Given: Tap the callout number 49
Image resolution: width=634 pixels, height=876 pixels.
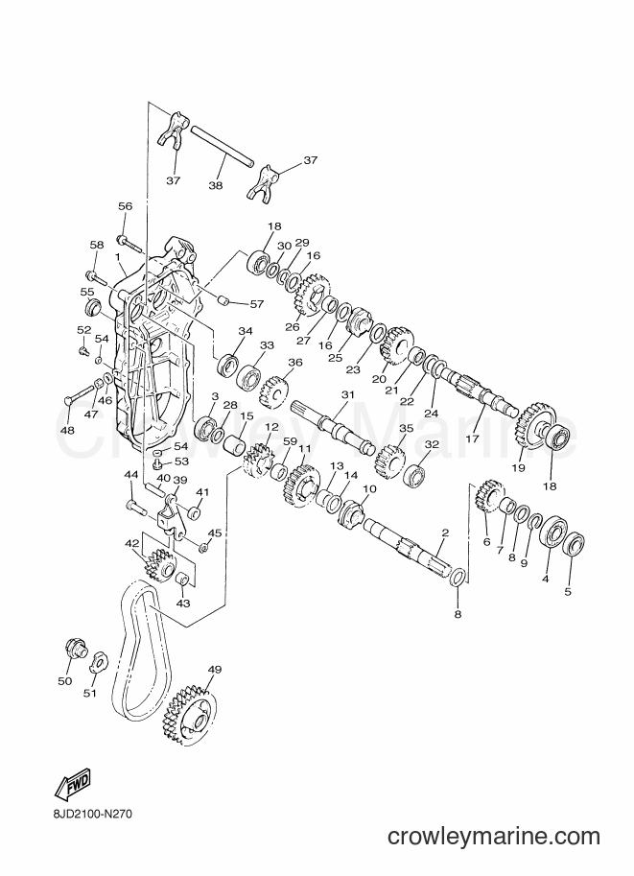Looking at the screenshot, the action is [x=215, y=669].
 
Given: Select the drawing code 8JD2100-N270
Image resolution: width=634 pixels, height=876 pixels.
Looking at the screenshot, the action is [x=86, y=816].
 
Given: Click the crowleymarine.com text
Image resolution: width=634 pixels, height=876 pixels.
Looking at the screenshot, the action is [x=494, y=837].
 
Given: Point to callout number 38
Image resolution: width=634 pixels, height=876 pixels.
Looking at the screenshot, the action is [x=216, y=185].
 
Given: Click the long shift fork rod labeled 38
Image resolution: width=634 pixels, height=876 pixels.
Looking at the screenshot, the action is [x=223, y=147].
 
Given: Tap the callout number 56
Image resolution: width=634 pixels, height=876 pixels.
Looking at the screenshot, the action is [x=125, y=206].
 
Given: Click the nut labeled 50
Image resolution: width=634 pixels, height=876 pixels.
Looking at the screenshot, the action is [x=75, y=648].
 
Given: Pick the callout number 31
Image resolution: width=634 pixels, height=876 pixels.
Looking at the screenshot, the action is [x=348, y=394].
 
